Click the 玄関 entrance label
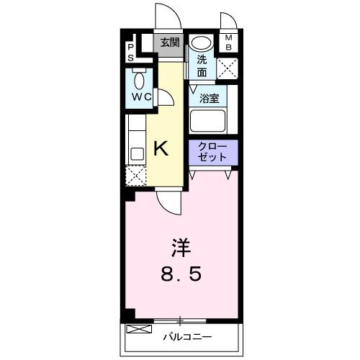pyautogui.click(x=171, y=42)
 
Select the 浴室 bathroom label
pyautogui.click(x=210, y=99)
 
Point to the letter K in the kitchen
pyautogui.click(x=162, y=149)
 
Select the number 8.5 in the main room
pyautogui.click(x=181, y=274)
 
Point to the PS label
pyautogui.click(x=131, y=51)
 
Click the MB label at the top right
pyautogui.click(x=230, y=43)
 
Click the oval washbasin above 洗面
pyautogui.click(x=202, y=43)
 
